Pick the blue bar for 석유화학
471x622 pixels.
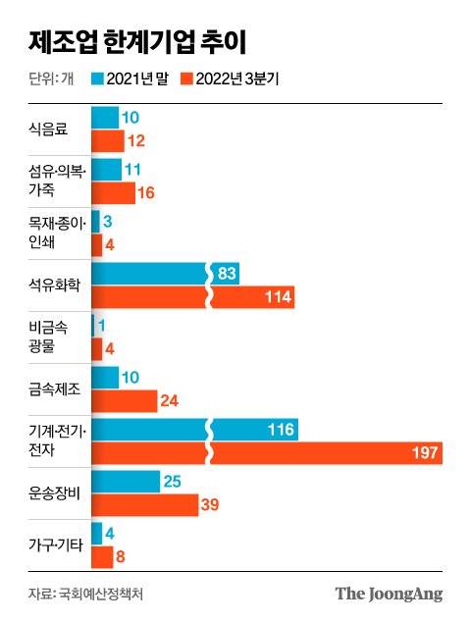click(147, 274)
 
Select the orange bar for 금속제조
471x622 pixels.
click(124, 401)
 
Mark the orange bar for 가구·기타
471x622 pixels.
click(102, 556)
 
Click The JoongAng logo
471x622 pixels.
click(389, 594)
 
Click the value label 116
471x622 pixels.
click(279, 428)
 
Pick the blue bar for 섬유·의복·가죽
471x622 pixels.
click(106, 170)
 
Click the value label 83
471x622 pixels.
click(227, 274)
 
